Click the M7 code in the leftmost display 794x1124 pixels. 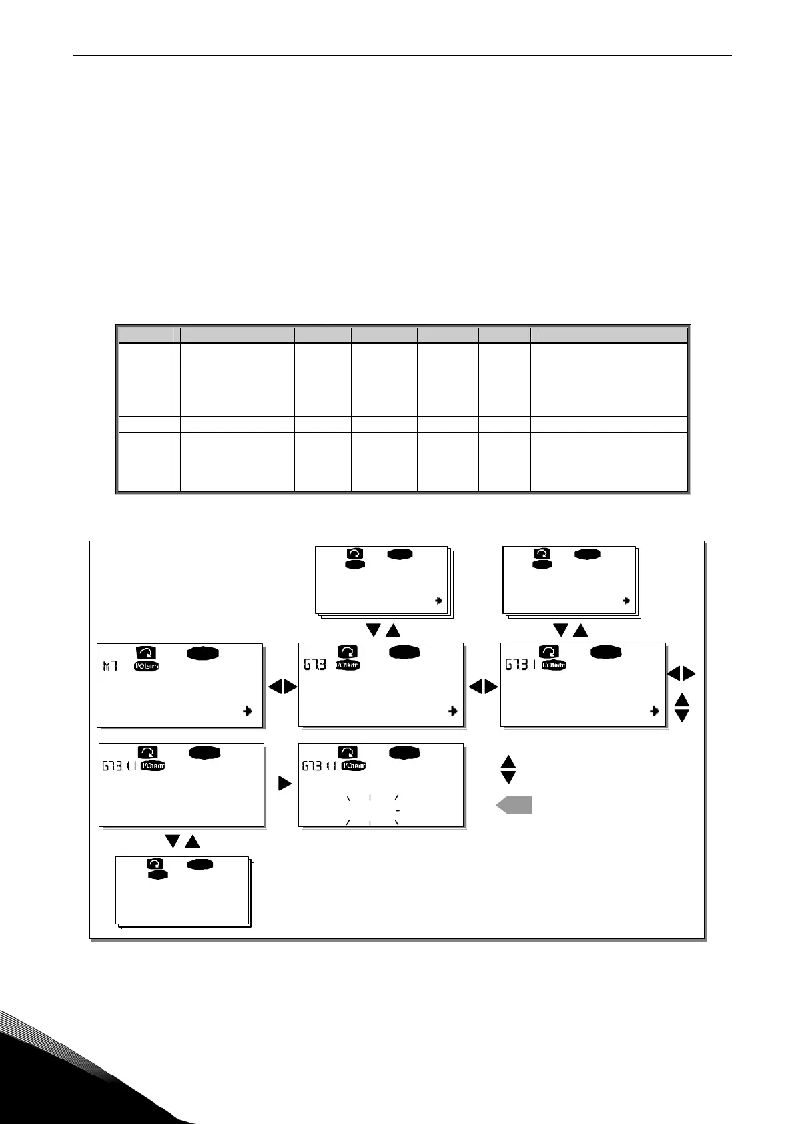[x=109, y=666]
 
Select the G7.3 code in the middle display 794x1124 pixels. [x=314, y=665]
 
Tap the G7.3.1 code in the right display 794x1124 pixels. [x=522, y=665]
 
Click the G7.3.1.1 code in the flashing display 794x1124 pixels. [x=320, y=766]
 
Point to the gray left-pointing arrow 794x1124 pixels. [x=514, y=806]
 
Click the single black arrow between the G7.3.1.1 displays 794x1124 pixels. [x=285, y=784]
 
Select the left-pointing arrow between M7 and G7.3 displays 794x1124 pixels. [x=274, y=687]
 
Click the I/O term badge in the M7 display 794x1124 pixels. [x=147, y=665]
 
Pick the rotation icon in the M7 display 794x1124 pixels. [x=145, y=653]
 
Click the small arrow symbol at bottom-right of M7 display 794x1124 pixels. [x=248, y=712]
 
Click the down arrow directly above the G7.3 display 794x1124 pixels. [x=374, y=629]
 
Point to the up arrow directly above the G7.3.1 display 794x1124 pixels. [x=580, y=629]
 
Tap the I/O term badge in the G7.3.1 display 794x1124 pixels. [x=554, y=665]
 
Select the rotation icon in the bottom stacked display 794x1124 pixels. [x=155, y=864]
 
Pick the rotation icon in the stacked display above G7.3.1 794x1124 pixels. [x=543, y=553]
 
